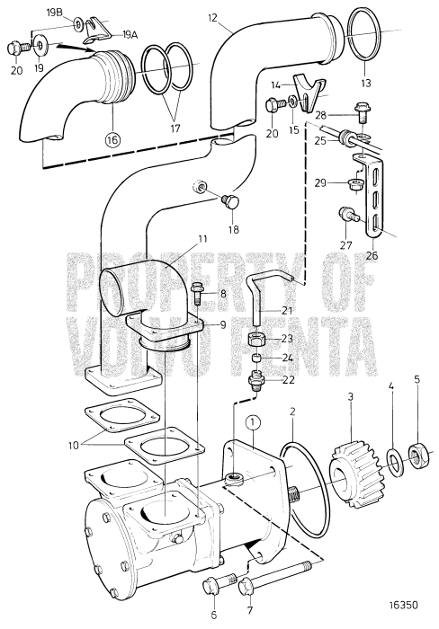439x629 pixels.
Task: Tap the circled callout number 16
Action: [x=112, y=139]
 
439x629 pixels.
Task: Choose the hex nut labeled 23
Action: [x=256, y=341]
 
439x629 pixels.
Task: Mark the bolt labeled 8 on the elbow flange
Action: [x=200, y=293]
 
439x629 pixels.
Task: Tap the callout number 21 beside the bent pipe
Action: [x=287, y=310]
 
